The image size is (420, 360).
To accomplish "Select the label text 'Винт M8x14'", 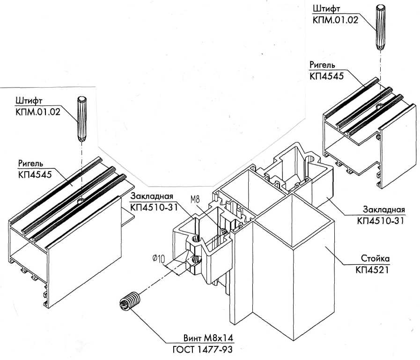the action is click(208, 338).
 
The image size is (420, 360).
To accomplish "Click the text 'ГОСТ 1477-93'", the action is click(202, 350).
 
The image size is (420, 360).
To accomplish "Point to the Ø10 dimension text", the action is click(159, 259).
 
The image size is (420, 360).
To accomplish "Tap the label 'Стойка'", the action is click(375, 259).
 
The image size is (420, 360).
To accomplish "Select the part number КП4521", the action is click(372, 270).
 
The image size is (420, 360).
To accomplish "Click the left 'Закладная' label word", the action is click(152, 196).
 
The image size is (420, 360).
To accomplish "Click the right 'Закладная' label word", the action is click(384, 210).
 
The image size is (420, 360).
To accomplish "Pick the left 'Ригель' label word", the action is click(30, 163).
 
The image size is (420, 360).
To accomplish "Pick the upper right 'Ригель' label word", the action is click(322, 65).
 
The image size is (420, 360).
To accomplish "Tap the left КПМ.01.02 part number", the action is click(38, 112).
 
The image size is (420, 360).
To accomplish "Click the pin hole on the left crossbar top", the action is click(81, 201).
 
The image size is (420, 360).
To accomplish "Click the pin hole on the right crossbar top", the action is click(380, 107).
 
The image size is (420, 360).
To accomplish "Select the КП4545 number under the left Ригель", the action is click(35, 174).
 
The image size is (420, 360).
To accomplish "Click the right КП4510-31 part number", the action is click(380, 221).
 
